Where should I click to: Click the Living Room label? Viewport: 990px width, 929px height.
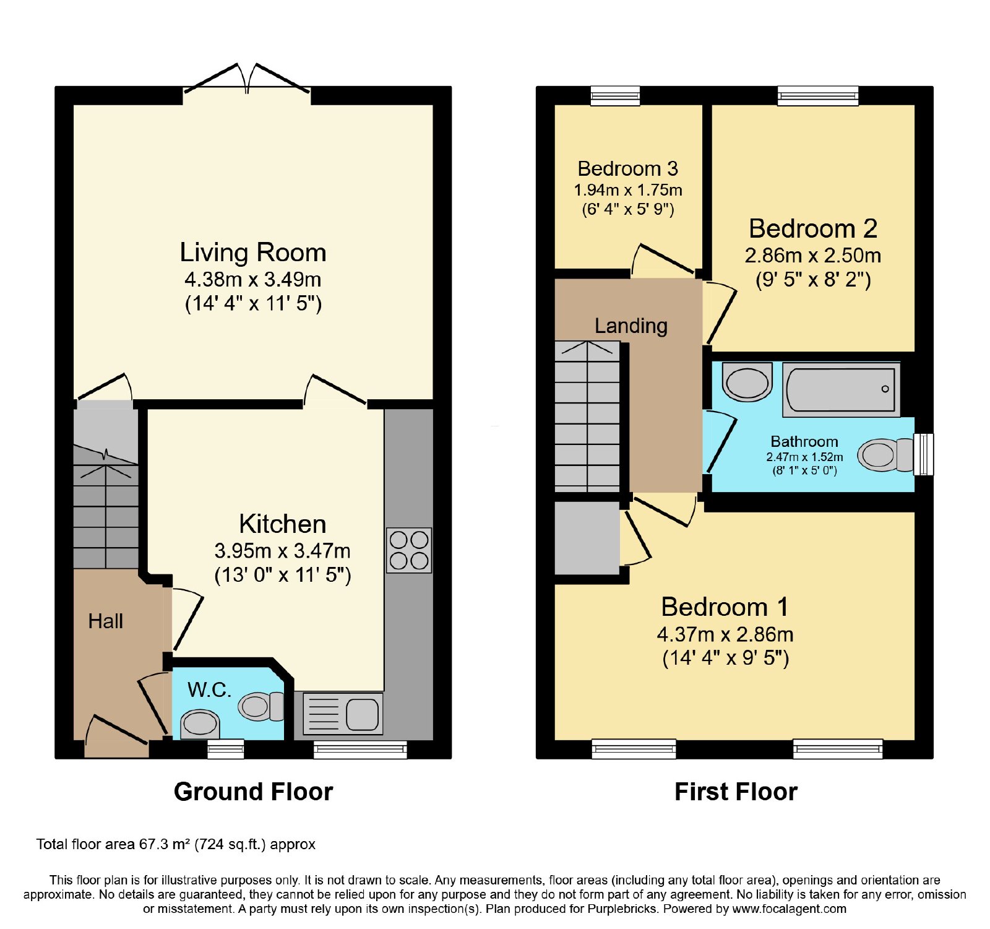pyautogui.click(x=253, y=253)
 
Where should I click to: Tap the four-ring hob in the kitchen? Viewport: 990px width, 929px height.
pyautogui.click(x=409, y=550)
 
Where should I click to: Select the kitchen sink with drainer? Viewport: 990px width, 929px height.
pyautogui.click(x=343, y=714)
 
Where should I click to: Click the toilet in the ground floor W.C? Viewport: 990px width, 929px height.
pyautogui.click(x=261, y=706)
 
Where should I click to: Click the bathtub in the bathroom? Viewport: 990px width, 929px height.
pyautogui.click(x=841, y=389)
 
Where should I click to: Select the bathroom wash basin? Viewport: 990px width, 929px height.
pyautogui.click(x=747, y=382)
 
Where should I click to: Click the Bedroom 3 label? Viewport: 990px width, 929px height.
pyautogui.click(x=627, y=168)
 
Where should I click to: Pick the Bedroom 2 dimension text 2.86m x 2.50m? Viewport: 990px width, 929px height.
pyautogui.click(x=813, y=255)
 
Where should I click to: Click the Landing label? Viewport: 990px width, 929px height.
pyautogui.click(x=631, y=326)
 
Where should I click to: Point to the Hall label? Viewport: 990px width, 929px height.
pyautogui.click(x=106, y=621)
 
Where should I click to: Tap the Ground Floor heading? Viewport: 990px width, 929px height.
pyautogui.click(x=253, y=792)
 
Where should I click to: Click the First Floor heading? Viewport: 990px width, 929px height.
pyautogui.click(x=736, y=792)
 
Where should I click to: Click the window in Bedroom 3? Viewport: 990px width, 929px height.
pyautogui.click(x=615, y=95)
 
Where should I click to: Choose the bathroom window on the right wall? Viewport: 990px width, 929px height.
pyautogui.click(x=923, y=454)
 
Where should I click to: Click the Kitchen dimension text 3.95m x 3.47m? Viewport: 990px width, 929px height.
pyautogui.click(x=283, y=550)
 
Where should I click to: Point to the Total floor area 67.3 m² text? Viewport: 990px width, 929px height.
pyautogui.click(x=176, y=844)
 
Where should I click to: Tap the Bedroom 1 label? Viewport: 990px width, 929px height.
pyautogui.click(x=725, y=607)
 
